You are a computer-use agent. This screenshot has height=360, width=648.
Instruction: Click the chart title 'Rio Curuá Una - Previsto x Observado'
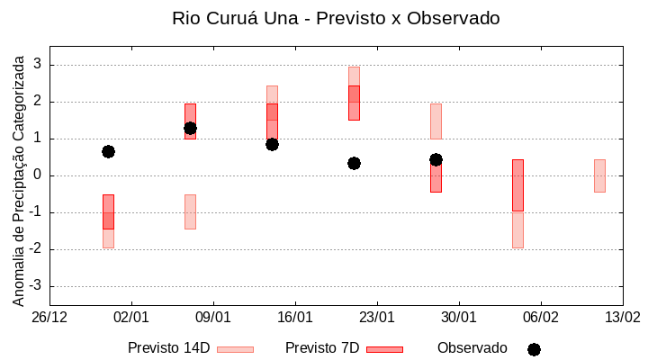[336, 18]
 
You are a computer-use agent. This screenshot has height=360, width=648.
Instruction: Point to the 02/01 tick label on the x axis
[131, 317]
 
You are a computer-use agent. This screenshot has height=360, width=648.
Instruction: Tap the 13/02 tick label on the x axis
[622, 317]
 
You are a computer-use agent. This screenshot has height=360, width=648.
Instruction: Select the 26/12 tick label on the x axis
[49, 317]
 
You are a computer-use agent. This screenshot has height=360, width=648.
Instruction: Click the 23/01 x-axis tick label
[377, 317]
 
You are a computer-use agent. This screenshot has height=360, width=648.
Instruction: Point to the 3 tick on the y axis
[38, 65]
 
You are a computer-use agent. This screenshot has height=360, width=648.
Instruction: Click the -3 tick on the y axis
[35, 286]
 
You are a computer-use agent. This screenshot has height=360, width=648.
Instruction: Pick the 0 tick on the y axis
[38, 175]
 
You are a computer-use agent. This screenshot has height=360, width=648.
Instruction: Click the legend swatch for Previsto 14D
[235, 349]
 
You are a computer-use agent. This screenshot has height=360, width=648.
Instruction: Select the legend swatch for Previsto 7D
[384, 349]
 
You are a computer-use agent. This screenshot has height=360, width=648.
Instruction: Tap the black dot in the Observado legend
[534, 349]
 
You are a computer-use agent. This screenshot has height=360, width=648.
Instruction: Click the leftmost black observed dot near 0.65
[108, 151]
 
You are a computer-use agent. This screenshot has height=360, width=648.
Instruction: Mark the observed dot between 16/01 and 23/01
[354, 163]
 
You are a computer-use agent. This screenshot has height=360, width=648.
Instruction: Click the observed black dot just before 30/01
[436, 159]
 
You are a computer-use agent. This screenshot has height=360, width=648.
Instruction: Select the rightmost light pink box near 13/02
[599, 175]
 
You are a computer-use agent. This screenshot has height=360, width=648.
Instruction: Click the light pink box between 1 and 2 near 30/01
[436, 121]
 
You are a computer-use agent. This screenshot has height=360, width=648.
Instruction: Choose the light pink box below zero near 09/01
[190, 211]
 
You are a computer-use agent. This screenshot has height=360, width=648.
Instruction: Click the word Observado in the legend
[472, 348]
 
